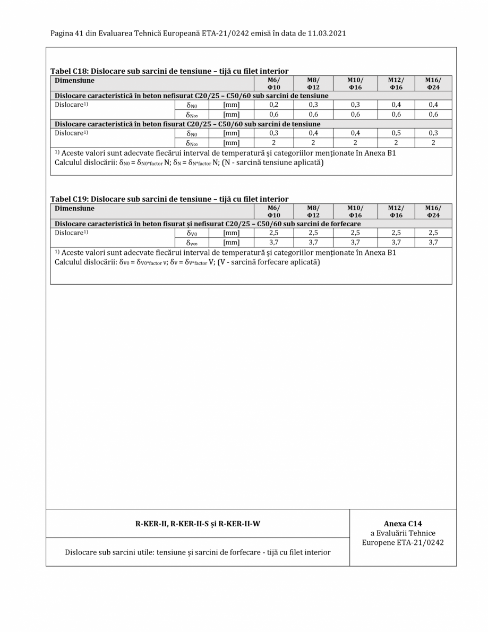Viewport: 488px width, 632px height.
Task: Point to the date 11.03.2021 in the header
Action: (326, 33)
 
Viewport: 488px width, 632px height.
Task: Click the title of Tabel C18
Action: (169, 71)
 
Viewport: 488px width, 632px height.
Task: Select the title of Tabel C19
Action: (169, 199)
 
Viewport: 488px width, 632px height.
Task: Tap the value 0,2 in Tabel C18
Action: (274, 105)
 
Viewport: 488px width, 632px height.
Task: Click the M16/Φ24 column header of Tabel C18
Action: (433, 83)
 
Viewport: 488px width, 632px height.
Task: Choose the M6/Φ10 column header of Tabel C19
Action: (274, 211)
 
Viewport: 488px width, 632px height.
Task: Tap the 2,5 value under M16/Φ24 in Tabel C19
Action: (433, 233)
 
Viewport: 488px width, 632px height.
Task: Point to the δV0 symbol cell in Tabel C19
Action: (192, 233)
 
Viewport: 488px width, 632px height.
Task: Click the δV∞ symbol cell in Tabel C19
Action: (192, 242)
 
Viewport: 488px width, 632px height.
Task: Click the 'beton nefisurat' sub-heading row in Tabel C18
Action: (191, 96)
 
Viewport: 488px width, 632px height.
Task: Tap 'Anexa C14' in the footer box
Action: (403, 524)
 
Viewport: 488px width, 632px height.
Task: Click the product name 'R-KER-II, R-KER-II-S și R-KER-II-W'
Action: (198, 524)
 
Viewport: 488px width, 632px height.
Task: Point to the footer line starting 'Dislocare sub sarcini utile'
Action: (198, 552)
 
